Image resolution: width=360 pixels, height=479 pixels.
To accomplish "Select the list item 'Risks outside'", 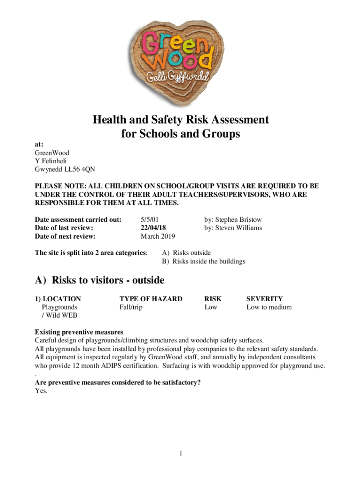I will [x=192, y=253].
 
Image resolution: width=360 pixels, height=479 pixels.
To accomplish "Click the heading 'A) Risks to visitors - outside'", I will [x=100, y=280].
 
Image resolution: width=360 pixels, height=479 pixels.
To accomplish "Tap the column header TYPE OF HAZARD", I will [x=151, y=298].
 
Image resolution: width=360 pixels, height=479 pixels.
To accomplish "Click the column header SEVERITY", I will [x=264, y=298].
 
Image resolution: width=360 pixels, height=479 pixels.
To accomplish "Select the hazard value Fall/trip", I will [x=131, y=307].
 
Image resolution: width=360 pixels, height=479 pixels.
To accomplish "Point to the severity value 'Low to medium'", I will [x=269, y=307].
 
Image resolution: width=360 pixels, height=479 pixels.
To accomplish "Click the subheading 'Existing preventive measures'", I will [x=79, y=332].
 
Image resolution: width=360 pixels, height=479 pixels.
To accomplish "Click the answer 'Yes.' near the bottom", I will [x=41, y=391].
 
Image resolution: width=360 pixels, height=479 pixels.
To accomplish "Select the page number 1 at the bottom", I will [x=180, y=453].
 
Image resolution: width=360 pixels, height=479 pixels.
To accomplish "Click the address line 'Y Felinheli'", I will [x=52, y=161].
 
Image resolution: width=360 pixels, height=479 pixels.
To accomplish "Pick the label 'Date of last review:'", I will [x=65, y=228].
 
